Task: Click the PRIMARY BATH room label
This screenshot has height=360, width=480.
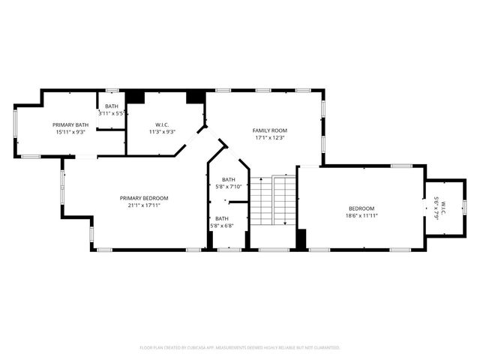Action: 70,124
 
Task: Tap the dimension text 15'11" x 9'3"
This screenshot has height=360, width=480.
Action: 70,132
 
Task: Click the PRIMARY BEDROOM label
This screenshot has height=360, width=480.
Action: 144,198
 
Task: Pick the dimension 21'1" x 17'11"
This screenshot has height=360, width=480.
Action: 144,205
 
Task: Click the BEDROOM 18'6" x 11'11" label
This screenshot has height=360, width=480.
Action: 361,208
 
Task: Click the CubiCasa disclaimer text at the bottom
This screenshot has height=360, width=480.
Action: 240,347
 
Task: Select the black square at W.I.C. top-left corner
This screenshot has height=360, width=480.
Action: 135,97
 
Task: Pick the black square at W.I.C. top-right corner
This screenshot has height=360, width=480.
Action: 196,97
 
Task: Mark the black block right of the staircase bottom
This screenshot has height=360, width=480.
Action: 301,239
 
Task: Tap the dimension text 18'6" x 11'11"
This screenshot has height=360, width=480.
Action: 361,215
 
